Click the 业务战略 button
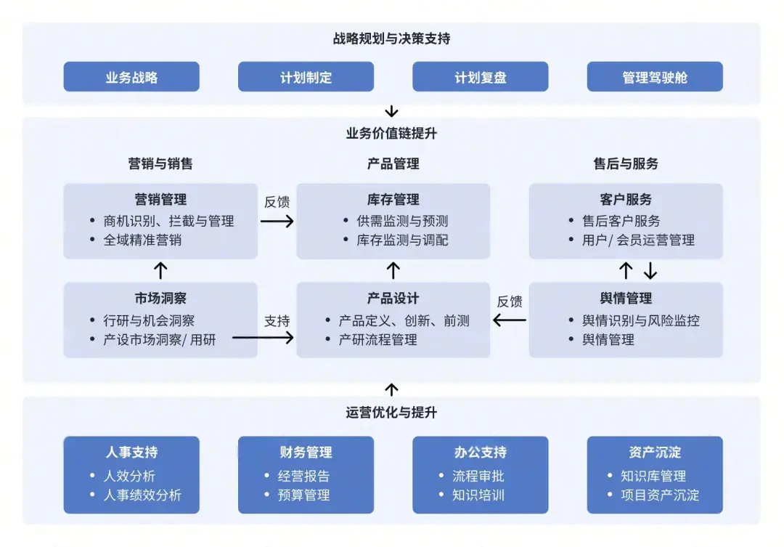point(131,77)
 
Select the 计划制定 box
point(306,77)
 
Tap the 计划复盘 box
point(480,77)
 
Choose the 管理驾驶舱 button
point(655,77)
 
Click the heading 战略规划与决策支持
point(391,39)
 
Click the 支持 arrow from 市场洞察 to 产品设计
point(263,337)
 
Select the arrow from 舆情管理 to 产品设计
point(510,320)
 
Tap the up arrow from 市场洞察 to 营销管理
point(161,271)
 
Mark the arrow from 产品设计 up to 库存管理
point(393,271)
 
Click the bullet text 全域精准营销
point(142,240)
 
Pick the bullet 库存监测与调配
point(402,240)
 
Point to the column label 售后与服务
point(626,164)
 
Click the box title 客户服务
point(626,199)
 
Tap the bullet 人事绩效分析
point(142,495)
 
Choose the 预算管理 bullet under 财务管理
point(303,495)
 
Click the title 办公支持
point(480,453)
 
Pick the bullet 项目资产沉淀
point(660,495)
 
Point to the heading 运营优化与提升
point(391,413)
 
